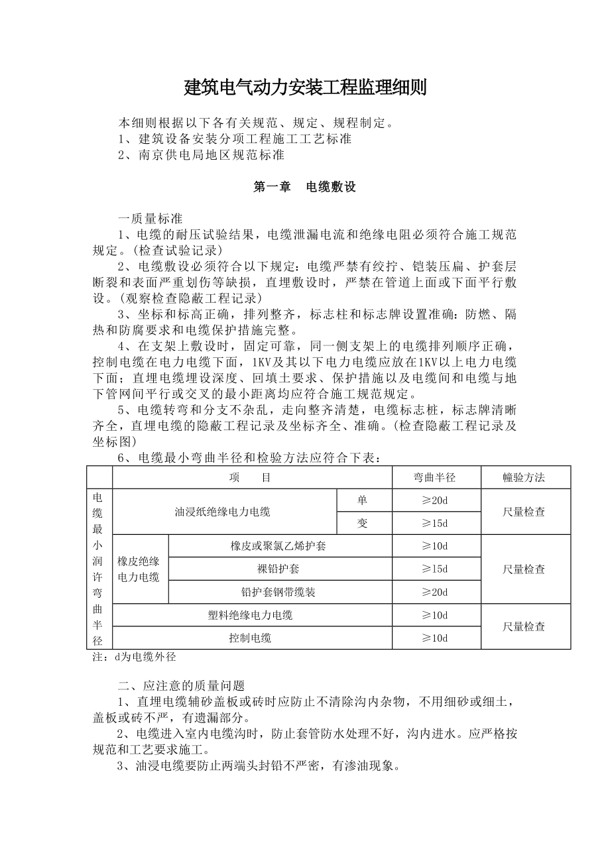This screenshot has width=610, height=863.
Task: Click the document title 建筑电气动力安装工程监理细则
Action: tap(305, 87)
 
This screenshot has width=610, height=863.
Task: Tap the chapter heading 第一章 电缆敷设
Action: tap(305, 187)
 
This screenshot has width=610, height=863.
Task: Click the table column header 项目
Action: tap(252, 477)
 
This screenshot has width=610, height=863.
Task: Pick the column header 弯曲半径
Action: tap(435, 477)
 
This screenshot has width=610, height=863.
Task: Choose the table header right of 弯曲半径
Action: tap(524, 477)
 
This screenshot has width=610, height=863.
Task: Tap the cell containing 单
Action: tap(363, 500)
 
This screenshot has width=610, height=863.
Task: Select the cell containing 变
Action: tap(363, 524)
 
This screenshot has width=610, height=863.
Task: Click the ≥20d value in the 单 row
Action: tap(435, 500)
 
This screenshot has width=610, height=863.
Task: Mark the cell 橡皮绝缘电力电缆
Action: tap(139, 569)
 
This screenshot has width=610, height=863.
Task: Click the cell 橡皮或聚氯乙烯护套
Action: tap(278, 547)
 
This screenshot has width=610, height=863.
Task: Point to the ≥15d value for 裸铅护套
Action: tap(435, 569)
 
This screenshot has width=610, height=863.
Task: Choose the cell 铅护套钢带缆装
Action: tap(278, 592)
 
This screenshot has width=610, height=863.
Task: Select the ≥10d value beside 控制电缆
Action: tap(435, 638)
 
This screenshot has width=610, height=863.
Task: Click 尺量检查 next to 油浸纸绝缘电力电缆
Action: tap(524, 512)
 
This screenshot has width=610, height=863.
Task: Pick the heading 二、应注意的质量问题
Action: tap(181, 686)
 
